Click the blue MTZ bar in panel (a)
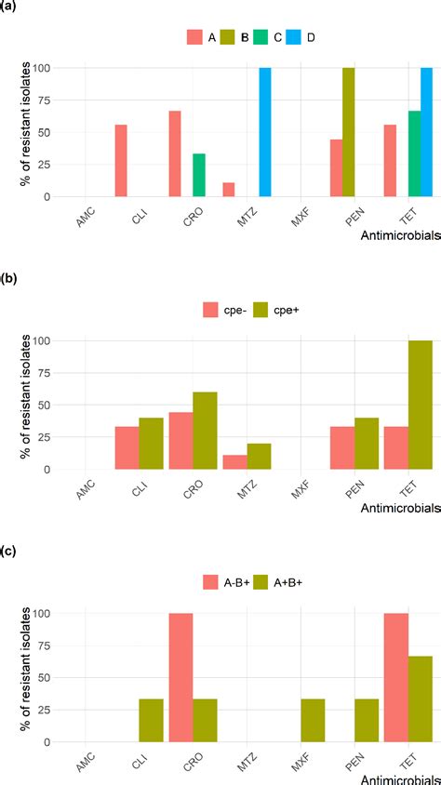pyautogui.click(x=265, y=132)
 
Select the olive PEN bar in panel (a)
pyautogui.click(x=348, y=132)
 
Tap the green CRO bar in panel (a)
pyautogui.click(x=198, y=175)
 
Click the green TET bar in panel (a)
pyautogui.click(x=414, y=153)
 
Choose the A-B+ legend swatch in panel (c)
pyautogui.click(x=212, y=583)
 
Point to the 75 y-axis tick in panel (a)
pyautogui.click(x=40, y=100)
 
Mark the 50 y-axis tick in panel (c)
pyautogui.click(x=40, y=678)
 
